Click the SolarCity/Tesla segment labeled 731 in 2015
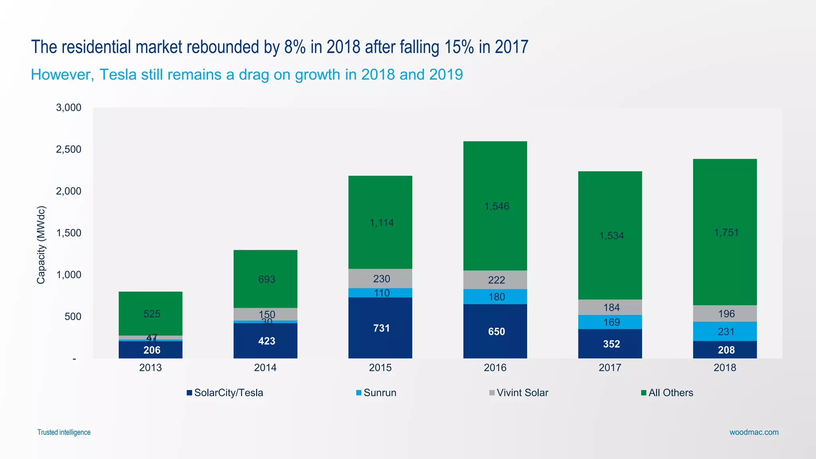(x=380, y=328)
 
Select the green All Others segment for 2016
(x=495, y=206)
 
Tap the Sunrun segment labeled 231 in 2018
(x=725, y=331)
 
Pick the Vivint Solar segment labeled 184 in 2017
(x=610, y=307)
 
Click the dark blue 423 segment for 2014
(x=265, y=341)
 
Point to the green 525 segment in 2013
(x=151, y=314)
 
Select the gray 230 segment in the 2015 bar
(x=380, y=279)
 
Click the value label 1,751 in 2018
(x=726, y=233)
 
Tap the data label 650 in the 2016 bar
(x=496, y=331)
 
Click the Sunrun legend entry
(x=376, y=393)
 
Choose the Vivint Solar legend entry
(x=519, y=393)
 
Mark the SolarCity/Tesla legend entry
(x=225, y=393)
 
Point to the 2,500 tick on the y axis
(x=69, y=149)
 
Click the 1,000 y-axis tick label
(x=69, y=275)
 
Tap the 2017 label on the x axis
(x=610, y=367)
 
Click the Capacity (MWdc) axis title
(x=41, y=245)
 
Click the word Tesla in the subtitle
(x=118, y=75)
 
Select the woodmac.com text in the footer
(x=754, y=432)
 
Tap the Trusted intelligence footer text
(x=64, y=432)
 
